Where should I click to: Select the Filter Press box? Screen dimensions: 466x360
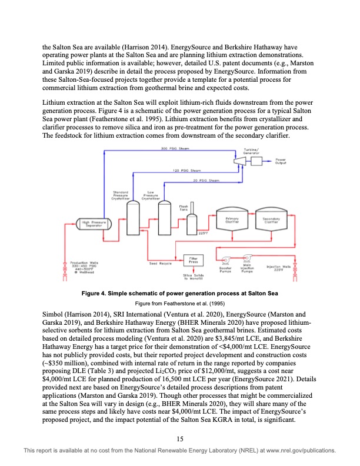(192, 259)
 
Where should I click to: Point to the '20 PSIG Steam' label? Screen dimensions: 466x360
(206, 180)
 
